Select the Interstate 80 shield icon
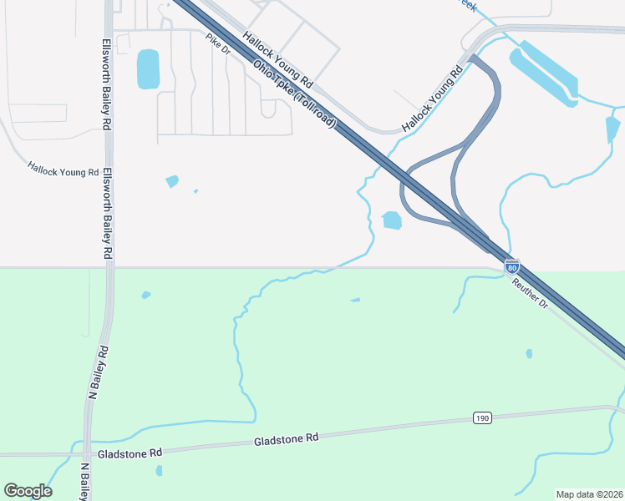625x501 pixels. coord(512,266)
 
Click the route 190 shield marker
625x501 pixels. coord(480,417)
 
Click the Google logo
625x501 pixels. coord(28,491)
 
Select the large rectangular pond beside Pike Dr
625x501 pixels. coord(148,69)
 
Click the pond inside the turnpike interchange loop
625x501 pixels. coord(391,220)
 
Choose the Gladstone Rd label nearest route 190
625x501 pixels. coord(287,438)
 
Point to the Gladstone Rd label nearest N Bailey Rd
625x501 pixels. coord(130,453)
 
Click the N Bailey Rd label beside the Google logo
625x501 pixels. coord(84,482)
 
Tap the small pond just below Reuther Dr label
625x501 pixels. coord(529,354)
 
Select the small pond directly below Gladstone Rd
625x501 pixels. coord(159,471)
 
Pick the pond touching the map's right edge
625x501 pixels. coord(612,129)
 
